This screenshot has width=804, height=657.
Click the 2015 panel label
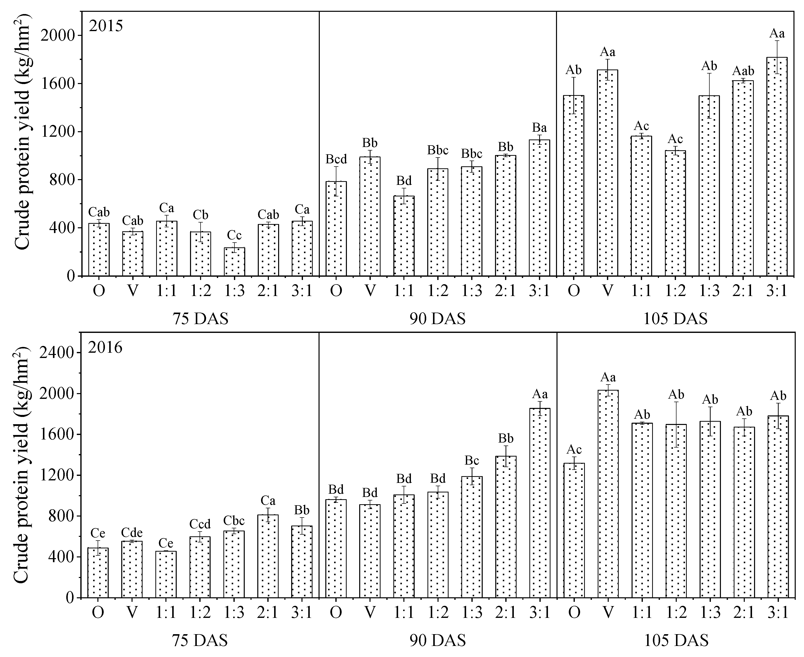coord(106,26)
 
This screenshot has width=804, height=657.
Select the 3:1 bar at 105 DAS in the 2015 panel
coord(777,167)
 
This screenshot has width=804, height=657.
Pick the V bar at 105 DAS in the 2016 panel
coord(608,494)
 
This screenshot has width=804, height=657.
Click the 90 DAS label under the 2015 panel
coord(438,319)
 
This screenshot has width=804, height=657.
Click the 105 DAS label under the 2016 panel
coord(676,641)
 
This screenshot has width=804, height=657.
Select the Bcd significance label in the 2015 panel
coord(336,159)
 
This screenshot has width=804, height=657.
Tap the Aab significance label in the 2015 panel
coord(743,71)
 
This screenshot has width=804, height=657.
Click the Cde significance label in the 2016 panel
coord(132,533)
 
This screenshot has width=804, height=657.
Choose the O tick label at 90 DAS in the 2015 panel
coord(336,291)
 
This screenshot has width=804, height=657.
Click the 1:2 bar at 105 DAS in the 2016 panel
coord(676,511)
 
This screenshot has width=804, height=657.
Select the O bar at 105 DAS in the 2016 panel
coord(574,530)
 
